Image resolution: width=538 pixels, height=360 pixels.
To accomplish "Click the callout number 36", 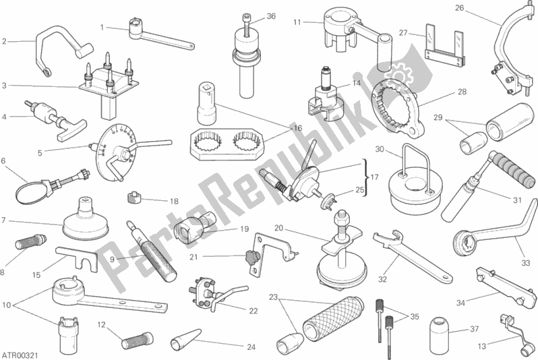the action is pos(271,16).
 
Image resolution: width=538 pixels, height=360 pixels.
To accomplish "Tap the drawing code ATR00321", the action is pos(20,355).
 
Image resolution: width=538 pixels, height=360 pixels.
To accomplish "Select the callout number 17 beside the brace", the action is pos(375,177).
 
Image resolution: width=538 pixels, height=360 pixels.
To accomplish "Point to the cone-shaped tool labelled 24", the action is pos(185,338).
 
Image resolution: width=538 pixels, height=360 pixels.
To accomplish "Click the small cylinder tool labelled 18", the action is pos(135,198).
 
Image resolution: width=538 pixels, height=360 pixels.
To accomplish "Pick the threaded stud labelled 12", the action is pos(137,338).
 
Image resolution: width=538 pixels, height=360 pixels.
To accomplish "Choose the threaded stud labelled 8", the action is pos(30,241).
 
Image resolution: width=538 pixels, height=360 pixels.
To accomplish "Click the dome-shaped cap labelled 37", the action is pos(439,330).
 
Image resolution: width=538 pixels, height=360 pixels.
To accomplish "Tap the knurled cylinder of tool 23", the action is pos(333,318).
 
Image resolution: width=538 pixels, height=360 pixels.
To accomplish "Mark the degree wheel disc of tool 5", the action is pos(117,151).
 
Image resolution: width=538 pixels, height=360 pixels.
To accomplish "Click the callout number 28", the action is pos(462,92).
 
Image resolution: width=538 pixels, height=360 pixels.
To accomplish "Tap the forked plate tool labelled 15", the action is pos(78,260).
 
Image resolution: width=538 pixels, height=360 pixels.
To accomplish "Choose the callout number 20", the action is pos(279,228).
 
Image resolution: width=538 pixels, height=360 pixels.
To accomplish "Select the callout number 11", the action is pos(297,22).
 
